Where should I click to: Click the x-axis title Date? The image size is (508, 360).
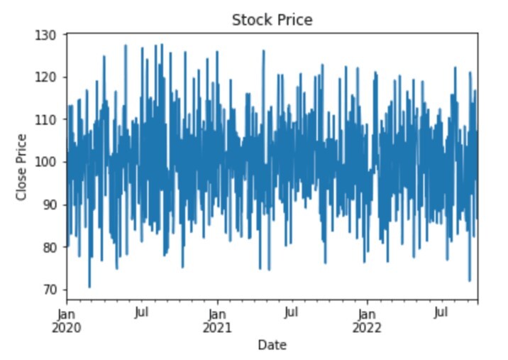coord(272,345)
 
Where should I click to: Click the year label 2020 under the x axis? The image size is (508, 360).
coord(67,327)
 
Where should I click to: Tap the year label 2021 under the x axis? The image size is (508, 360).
coord(217,327)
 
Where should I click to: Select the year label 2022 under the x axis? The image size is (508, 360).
coord(367,327)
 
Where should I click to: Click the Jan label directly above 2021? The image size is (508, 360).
coord(217,312)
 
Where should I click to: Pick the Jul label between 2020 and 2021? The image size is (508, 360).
coord(142,312)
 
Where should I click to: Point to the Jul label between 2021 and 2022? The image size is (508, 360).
coord(292,312)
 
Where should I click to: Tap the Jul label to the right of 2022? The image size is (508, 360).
coord(441,312)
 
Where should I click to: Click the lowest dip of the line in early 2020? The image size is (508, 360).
coord(89,287)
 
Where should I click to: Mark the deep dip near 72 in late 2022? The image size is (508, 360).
coord(469,280)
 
